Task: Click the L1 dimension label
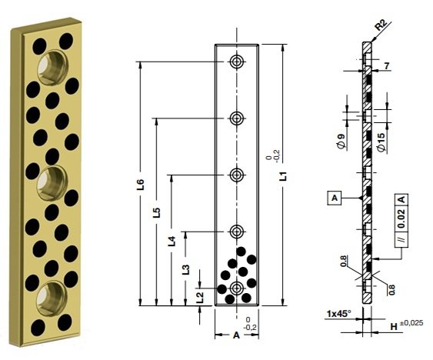283,176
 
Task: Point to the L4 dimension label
172,240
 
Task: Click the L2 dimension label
200,295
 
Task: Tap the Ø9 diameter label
340,141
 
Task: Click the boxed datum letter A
335,198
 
